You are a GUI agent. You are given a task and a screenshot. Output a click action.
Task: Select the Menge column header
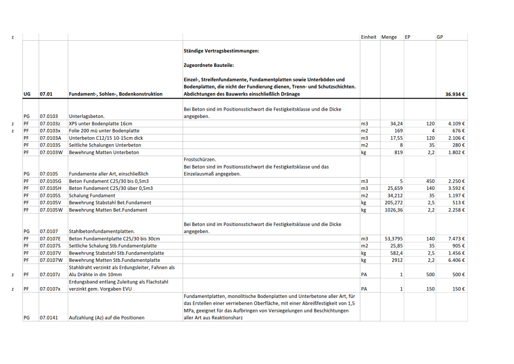(x=389, y=37)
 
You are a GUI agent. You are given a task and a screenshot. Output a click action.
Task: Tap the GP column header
(x=440, y=37)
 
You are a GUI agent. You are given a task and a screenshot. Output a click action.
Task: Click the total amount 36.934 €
(x=455, y=95)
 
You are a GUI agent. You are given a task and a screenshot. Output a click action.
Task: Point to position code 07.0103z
(x=50, y=123)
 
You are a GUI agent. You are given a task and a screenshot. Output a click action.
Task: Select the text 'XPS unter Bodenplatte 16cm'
(x=101, y=123)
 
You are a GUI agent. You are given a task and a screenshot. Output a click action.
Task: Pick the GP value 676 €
(x=459, y=131)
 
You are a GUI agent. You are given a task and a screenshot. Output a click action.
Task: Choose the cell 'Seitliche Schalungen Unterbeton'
(x=105, y=145)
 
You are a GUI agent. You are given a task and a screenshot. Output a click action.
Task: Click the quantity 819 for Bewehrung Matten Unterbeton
(x=398, y=152)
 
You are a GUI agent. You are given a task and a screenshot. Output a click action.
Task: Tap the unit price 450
(x=430, y=181)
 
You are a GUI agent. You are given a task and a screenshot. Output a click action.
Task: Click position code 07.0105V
(x=51, y=203)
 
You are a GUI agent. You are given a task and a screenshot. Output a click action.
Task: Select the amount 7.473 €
(x=457, y=239)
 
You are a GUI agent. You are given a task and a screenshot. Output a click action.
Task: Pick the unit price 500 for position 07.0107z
(x=430, y=274)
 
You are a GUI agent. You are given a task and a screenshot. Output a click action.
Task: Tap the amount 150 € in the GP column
(x=459, y=289)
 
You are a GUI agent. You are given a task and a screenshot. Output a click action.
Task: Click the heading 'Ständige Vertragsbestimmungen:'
(x=221, y=51)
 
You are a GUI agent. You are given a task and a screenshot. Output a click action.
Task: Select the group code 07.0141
(x=48, y=317)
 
